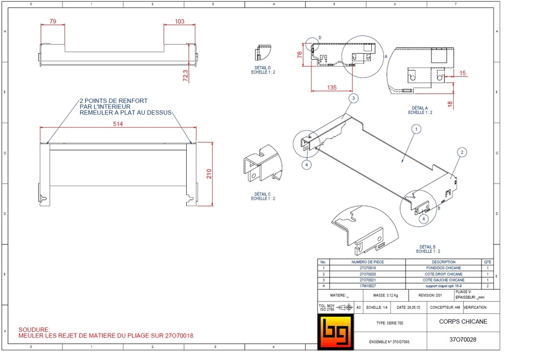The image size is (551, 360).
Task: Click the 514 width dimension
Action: [x=118, y=124]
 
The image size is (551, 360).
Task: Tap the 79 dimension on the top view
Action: [x=53, y=22]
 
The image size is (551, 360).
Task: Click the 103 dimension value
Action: [x=180, y=22]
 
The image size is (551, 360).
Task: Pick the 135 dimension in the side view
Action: [x=331, y=87]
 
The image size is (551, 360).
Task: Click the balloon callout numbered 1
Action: [x=415, y=129]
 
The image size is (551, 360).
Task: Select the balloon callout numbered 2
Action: [x=461, y=152]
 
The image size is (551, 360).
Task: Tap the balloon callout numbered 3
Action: [x=353, y=98]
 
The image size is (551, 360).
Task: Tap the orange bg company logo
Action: [x=335, y=333]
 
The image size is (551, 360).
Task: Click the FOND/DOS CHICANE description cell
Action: [x=443, y=267]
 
